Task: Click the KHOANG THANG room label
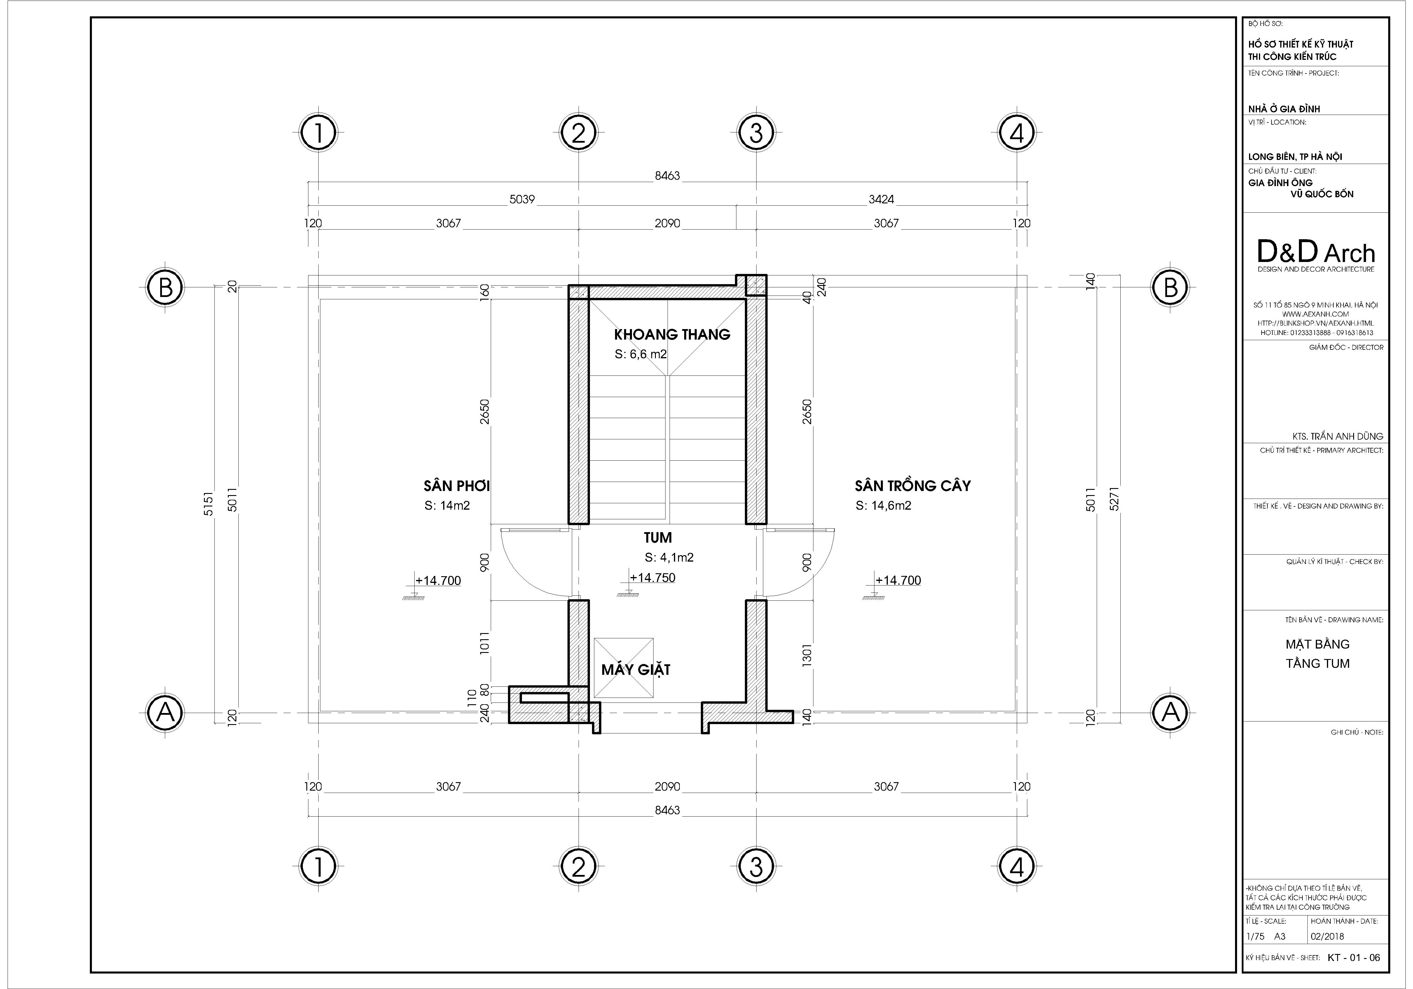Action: [x=672, y=334]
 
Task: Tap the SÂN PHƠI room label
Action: [x=457, y=486]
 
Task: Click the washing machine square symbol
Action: [x=623, y=668]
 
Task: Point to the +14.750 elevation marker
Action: [x=652, y=578]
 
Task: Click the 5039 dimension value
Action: [x=522, y=199]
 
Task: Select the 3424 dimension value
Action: [x=881, y=199]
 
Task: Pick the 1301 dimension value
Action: [x=807, y=655]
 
